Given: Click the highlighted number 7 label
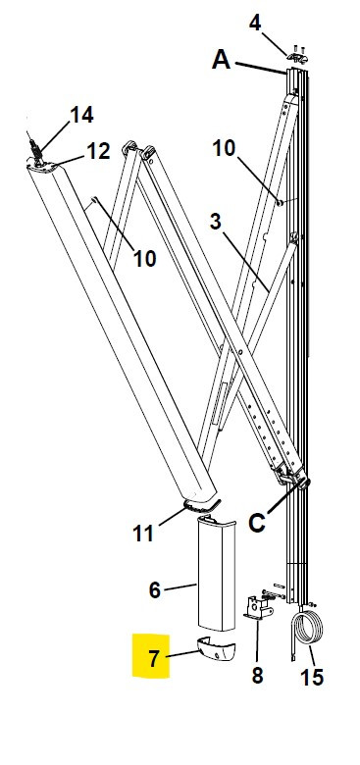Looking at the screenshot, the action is point(154,659).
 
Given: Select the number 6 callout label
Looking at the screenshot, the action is point(155,590).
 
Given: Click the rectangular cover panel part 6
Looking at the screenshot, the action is point(216,575).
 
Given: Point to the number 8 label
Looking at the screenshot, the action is point(257,676).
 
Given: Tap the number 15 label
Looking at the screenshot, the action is point(311,677).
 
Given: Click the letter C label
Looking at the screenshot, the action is point(257,523).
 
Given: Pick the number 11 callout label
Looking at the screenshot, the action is point(143,533).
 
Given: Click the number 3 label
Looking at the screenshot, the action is point(215,222).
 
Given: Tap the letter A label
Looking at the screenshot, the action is point(221,60).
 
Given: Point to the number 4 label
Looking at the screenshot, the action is point(255,23).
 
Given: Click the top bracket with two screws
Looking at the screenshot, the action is point(298,56).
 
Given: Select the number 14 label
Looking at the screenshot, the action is point(82,115).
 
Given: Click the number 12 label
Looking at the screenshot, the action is point(98,151).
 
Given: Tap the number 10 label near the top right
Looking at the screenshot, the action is point(224,149).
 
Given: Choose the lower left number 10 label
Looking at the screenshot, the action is point(145,259).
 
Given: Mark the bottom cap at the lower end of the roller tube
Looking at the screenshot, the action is point(202,505).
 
